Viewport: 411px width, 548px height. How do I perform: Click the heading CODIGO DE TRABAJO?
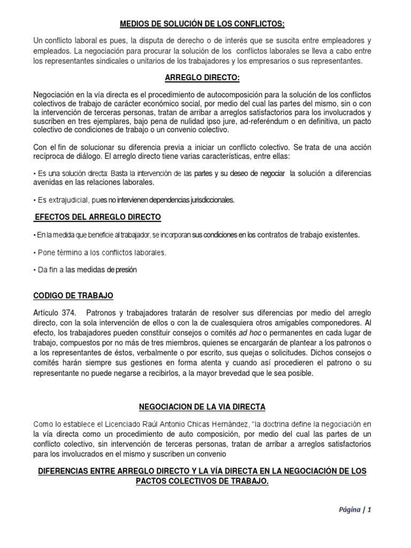(73, 295)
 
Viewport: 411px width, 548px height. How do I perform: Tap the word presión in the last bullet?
(126, 270)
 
